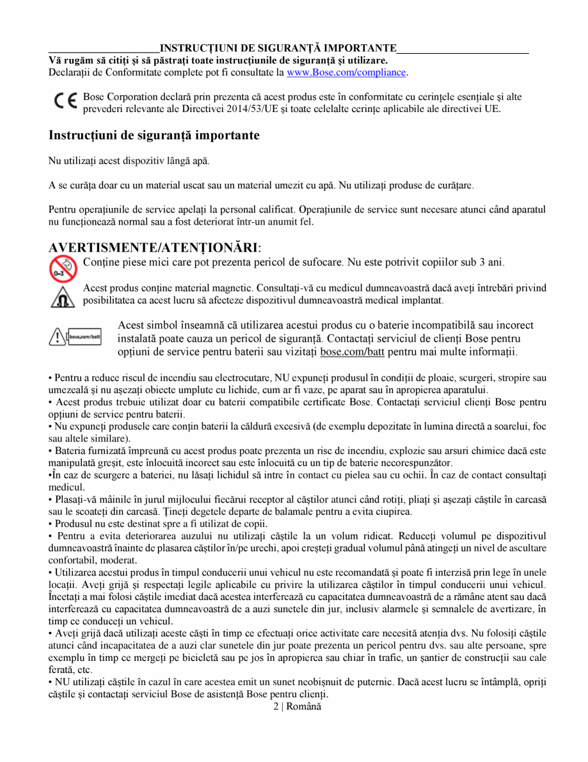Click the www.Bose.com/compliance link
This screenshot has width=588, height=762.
(x=346, y=72)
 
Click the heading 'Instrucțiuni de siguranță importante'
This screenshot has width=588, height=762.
(x=154, y=136)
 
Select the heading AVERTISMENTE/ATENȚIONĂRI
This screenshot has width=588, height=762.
(x=154, y=247)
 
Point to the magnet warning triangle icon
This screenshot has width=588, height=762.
(x=63, y=296)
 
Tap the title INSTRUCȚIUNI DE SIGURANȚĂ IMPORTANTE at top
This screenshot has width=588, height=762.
(x=278, y=49)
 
